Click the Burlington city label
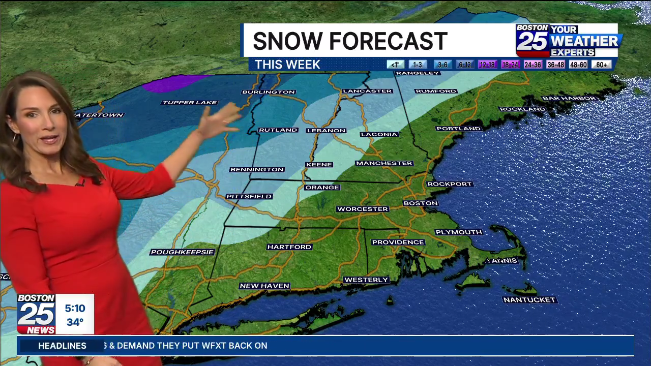269,92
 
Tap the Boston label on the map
420,203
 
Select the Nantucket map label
529,300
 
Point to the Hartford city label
289,247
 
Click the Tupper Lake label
190,103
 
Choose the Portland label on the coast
458,129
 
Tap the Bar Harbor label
569,98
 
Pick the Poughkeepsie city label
182,252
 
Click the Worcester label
363,209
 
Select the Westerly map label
366,280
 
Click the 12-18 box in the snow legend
487,65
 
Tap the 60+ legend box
602,65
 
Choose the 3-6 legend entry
442,65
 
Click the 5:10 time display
75,309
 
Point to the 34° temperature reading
75,322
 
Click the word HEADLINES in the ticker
62,346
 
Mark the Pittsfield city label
249,197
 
